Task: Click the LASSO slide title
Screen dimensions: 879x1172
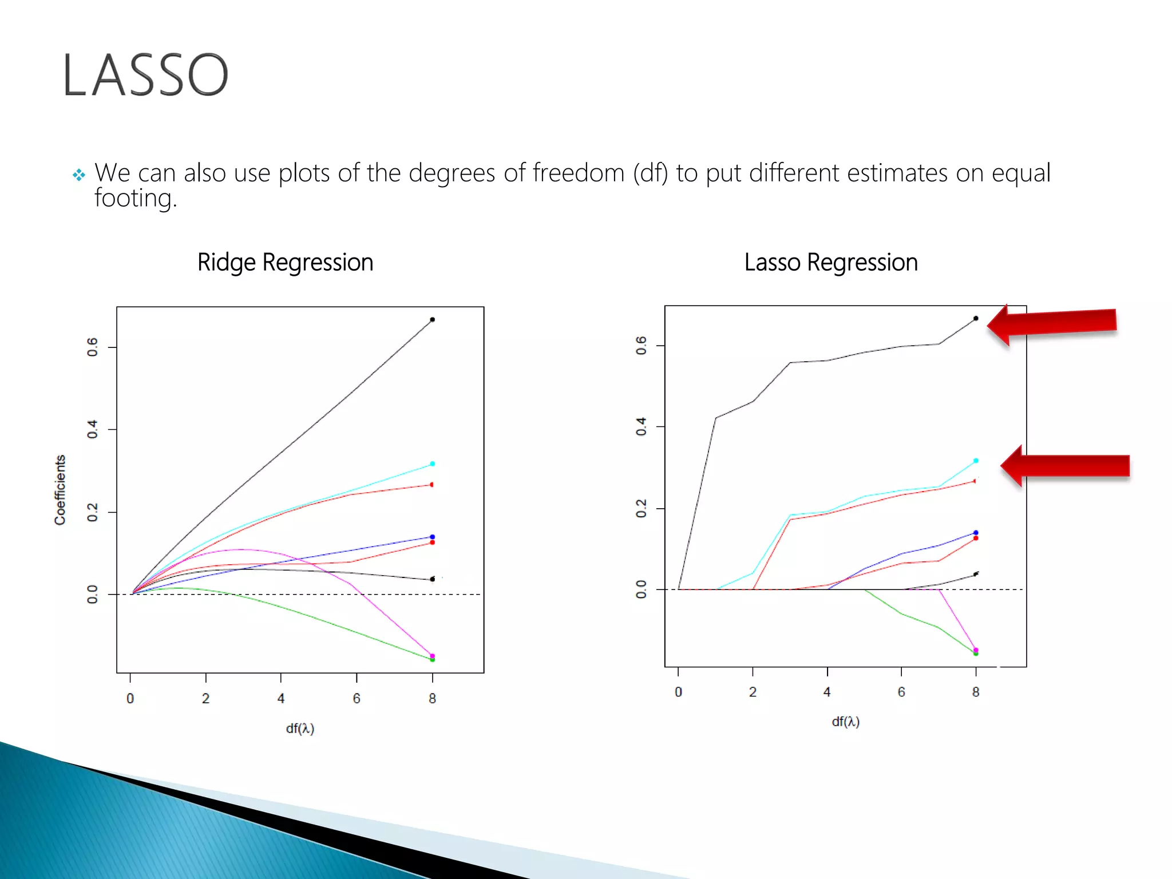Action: click(x=145, y=75)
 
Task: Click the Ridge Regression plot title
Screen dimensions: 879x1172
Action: click(x=285, y=263)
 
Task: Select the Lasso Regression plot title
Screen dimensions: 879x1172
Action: click(x=831, y=263)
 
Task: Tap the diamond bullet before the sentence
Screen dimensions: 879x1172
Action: click(x=79, y=175)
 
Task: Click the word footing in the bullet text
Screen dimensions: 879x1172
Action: click(x=135, y=199)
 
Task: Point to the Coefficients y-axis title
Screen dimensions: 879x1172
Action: click(x=60, y=490)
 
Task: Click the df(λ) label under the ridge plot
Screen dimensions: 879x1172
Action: click(x=300, y=728)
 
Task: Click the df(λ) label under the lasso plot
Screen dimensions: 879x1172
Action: click(x=845, y=722)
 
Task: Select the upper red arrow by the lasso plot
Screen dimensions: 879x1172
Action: click(x=1053, y=324)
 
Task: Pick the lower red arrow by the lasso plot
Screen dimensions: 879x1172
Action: click(x=1066, y=465)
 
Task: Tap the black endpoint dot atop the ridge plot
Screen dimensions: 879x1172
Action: click(x=432, y=319)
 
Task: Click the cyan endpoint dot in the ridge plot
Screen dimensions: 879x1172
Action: click(x=432, y=464)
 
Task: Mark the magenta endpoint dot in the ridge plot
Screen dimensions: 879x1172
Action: click(x=432, y=655)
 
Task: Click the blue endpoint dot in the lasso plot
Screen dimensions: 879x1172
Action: click(x=976, y=532)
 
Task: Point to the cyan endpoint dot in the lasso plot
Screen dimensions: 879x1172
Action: click(x=976, y=460)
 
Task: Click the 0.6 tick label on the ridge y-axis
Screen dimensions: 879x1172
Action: click(x=93, y=347)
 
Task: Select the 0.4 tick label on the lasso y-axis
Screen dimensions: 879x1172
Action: click(x=641, y=426)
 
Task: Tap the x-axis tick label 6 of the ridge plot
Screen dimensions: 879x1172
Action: click(x=357, y=698)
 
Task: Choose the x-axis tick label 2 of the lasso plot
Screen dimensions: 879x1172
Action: click(x=753, y=692)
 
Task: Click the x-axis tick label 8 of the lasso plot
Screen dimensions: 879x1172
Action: click(x=976, y=692)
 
